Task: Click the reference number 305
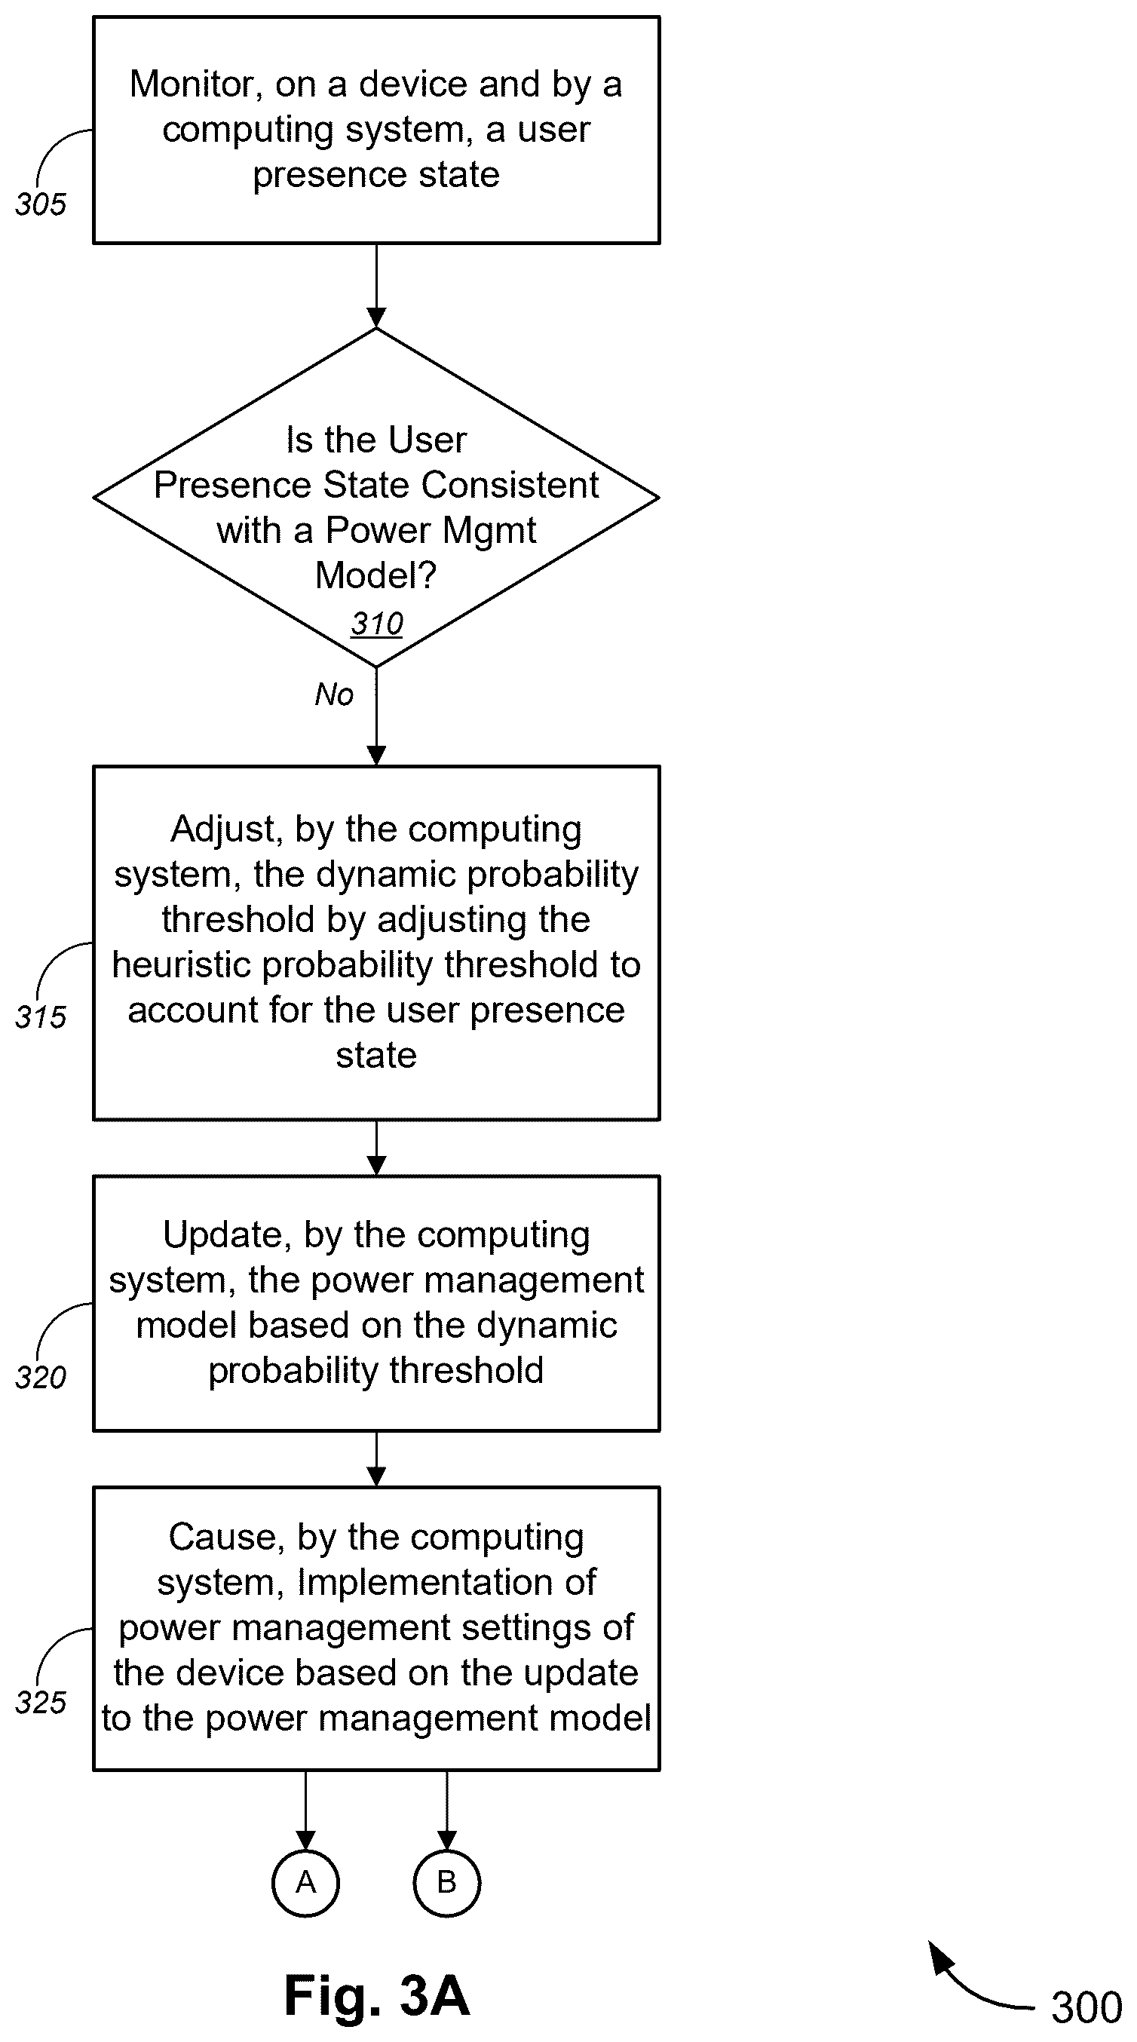point(41,204)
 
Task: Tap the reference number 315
point(41,1017)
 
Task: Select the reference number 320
point(41,1378)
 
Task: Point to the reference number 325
point(41,1703)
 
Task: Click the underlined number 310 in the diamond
point(377,624)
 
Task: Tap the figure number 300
point(1086,2008)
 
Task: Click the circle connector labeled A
point(305,1883)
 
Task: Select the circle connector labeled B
point(446,1883)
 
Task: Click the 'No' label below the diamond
point(334,694)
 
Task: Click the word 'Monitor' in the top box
point(196,84)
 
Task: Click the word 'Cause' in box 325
point(227,1538)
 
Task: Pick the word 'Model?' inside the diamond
point(375,575)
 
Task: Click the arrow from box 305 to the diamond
point(377,285)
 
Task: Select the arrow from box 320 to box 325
point(377,1459)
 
